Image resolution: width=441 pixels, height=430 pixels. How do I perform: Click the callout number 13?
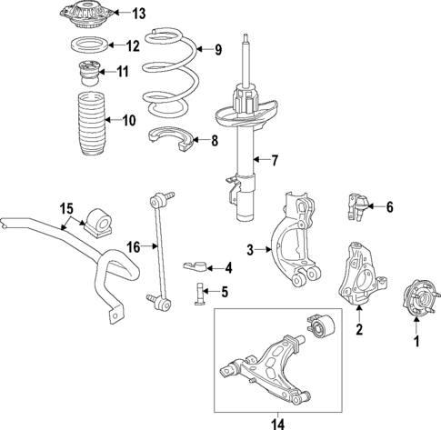(x=138, y=14)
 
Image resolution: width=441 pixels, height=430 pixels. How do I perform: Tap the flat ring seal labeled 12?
(x=89, y=45)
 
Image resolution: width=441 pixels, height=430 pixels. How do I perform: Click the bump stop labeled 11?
(x=88, y=74)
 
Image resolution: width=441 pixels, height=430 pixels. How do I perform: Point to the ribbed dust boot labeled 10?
(x=90, y=124)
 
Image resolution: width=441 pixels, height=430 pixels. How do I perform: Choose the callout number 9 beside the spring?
(x=218, y=50)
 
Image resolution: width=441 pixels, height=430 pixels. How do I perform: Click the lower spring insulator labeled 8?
(x=171, y=139)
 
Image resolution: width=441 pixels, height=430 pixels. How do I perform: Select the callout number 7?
(x=275, y=161)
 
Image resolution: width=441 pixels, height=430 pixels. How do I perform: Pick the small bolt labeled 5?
(x=199, y=294)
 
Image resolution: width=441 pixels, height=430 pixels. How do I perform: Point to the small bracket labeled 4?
(x=195, y=265)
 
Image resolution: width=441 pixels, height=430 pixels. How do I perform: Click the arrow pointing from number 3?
(x=263, y=250)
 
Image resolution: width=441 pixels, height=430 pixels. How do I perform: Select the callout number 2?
(x=359, y=329)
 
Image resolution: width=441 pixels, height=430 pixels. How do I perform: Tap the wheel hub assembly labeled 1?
(x=420, y=299)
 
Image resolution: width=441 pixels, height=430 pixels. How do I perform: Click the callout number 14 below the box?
(x=278, y=425)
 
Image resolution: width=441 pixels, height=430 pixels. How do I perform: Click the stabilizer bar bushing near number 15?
(x=97, y=223)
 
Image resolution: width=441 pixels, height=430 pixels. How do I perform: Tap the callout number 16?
(x=134, y=247)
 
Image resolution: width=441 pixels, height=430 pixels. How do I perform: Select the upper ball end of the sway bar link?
(x=156, y=200)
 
